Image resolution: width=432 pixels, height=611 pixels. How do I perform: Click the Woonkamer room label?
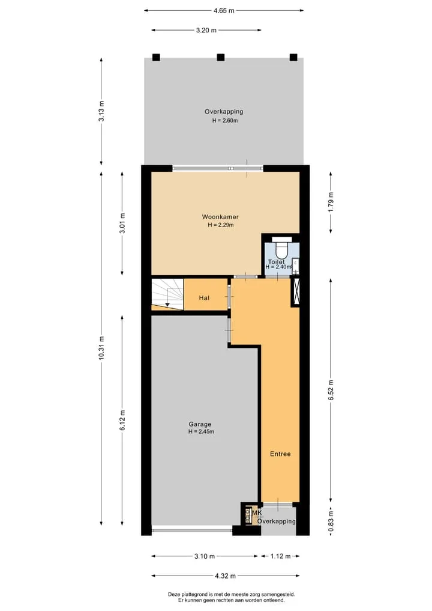220,217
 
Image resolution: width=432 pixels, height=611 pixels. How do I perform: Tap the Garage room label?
200,424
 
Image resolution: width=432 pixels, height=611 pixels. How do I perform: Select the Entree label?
280,454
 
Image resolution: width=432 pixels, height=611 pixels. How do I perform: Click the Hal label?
204,298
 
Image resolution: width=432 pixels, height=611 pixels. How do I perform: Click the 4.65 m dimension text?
224,11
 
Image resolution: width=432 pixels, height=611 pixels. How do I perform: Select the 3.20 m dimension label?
206,30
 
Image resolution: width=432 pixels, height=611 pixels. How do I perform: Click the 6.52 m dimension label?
331,390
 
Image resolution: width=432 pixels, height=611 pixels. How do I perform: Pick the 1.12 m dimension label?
281,556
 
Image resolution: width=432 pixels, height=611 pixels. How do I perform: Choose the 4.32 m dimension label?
226,576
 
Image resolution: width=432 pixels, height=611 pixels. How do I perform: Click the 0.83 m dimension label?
331,522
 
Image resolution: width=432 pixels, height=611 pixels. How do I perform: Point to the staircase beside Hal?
167,294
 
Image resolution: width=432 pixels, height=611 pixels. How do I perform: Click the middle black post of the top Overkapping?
221,57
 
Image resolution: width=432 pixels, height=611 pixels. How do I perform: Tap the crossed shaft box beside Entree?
295,292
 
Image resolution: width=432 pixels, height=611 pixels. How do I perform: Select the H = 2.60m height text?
225,120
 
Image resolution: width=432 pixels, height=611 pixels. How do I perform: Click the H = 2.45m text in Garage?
201,431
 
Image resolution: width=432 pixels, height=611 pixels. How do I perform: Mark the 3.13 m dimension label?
101,111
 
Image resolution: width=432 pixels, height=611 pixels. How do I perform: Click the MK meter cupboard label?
257,512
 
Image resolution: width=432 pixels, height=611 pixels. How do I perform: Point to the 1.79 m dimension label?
331,202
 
